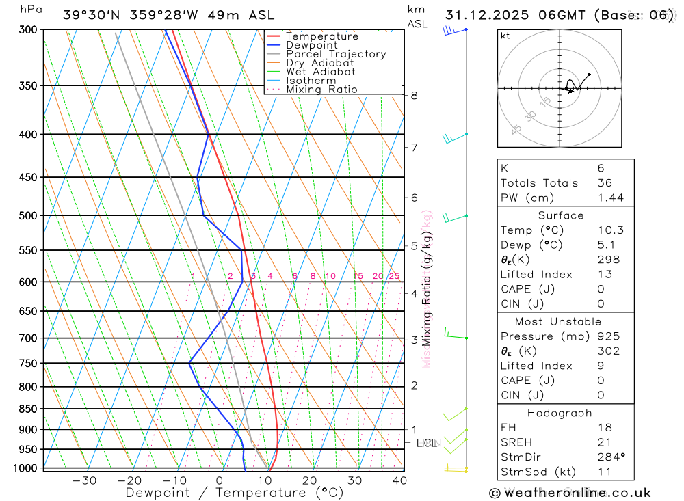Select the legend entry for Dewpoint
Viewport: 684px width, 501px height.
click(x=311, y=45)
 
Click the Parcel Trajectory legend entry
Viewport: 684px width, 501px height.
click(x=335, y=54)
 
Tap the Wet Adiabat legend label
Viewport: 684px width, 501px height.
click(x=320, y=72)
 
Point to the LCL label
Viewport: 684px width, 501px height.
click(x=426, y=443)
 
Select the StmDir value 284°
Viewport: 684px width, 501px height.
click(x=611, y=457)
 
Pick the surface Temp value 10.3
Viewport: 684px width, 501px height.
click(x=610, y=230)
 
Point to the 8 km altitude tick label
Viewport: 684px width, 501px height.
click(x=414, y=96)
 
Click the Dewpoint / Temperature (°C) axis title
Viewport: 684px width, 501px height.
click(x=235, y=492)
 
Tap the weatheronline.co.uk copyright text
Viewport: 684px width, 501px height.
click(x=570, y=493)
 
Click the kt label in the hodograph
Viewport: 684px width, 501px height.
click(x=505, y=36)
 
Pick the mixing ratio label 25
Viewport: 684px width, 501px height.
click(x=394, y=276)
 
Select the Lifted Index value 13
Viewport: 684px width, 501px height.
click(x=605, y=274)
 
